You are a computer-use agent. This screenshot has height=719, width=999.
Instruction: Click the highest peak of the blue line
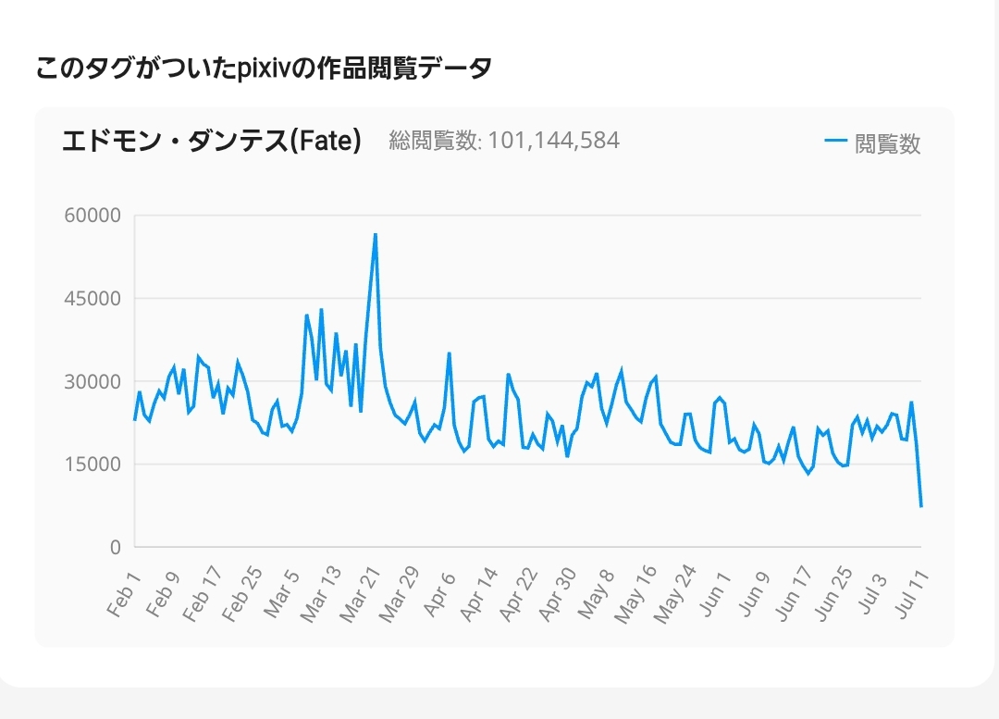pyautogui.click(x=376, y=234)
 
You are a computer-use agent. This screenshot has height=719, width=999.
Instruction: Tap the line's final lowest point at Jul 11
pyautogui.click(x=921, y=506)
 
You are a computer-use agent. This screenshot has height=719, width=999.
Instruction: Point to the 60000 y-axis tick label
pyautogui.click(x=91, y=216)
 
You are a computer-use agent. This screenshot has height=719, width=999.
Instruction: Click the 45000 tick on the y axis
pyautogui.click(x=91, y=299)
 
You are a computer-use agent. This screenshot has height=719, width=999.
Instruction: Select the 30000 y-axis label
pyautogui.click(x=91, y=381)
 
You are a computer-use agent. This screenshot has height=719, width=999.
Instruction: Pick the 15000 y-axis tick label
pyautogui.click(x=91, y=465)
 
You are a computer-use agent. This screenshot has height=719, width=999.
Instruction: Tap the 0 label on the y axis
pyautogui.click(x=115, y=548)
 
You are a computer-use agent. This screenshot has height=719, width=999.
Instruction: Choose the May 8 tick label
pyautogui.click(x=596, y=593)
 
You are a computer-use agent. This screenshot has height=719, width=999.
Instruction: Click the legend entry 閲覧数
pyautogui.click(x=887, y=143)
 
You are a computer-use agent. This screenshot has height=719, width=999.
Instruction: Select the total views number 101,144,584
pyautogui.click(x=553, y=141)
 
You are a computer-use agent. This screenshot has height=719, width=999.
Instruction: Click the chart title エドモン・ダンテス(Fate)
pyautogui.click(x=211, y=142)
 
